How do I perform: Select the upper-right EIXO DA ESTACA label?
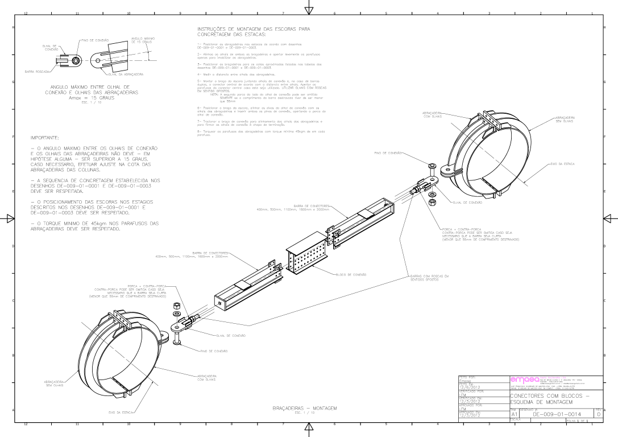pyautogui.click(x=562, y=164)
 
